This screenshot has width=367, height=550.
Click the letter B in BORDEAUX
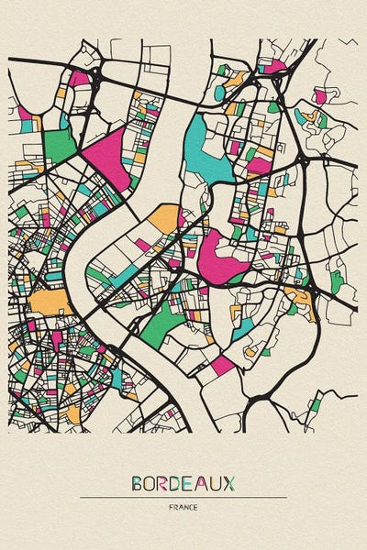[x=137, y=483]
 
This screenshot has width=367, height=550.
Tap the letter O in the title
[x=150, y=483]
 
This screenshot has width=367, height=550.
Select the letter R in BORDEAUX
[x=164, y=483]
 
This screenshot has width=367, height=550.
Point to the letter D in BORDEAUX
[x=178, y=483]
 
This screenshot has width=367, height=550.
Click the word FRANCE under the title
[x=183, y=507]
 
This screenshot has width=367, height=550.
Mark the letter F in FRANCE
[x=172, y=507]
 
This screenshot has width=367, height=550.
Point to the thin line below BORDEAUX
[x=183, y=498]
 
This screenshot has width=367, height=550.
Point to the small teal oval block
[x=219, y=93]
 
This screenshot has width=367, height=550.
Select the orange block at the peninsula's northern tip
[x=166, y=217]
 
